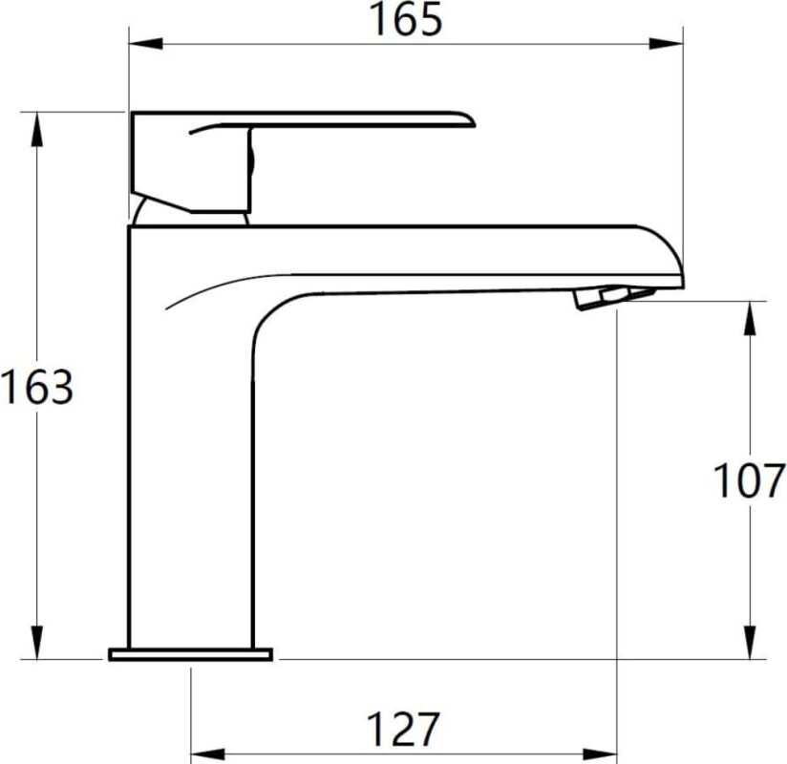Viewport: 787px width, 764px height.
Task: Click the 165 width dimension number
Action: click(406, 19)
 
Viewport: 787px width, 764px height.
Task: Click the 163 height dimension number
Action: click(37, 387)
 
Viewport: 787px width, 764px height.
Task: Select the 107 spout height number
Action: click(749, 481)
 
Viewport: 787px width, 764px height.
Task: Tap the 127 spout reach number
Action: click(404, 730)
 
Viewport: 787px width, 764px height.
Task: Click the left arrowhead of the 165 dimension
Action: click(145, 44)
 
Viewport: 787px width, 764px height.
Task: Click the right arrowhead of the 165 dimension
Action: click(666, 44)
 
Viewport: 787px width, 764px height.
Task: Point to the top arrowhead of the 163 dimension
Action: click(36, 130)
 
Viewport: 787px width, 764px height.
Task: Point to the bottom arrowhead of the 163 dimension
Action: click(36, 642)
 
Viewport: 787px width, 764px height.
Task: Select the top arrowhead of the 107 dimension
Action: click(750, 318)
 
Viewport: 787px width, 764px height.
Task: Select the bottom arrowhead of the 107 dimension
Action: click(750, 642)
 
